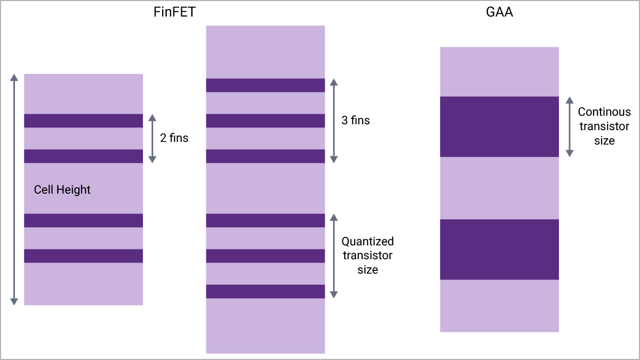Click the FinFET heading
point(174,12)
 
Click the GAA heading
point(499,12)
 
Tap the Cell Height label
point(62,190)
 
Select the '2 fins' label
point(174,138)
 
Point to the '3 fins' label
point(355,121)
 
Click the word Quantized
point(367,242)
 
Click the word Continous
point(604,111)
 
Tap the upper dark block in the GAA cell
point(499,126)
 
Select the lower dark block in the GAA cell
point(499,250)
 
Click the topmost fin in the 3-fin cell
point(266,85)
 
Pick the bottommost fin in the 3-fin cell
point(266,291)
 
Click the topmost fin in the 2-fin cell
point(83,121)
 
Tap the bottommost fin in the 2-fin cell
point(83,255)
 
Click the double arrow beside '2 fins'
point(153,139)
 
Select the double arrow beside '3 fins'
point(334,121)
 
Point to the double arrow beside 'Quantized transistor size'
point(334,256)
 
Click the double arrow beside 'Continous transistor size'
point(570,126)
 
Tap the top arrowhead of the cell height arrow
point(14,77)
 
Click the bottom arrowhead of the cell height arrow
point(14,302)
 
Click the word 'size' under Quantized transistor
point(367,270)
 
